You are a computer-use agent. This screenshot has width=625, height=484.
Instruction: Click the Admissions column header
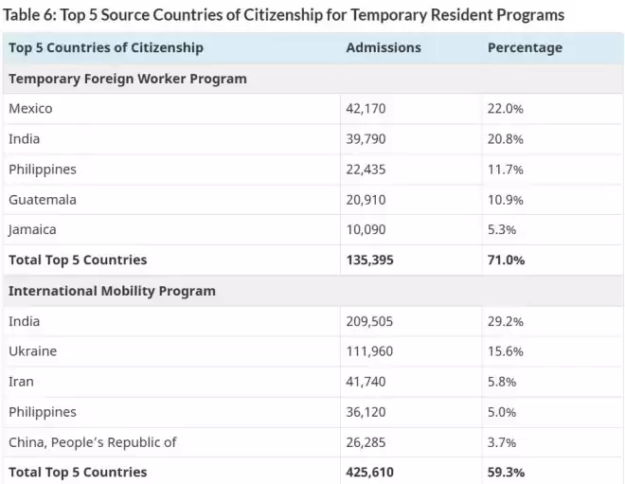click(384, 48)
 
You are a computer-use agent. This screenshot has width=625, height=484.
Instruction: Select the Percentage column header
click(525, 48)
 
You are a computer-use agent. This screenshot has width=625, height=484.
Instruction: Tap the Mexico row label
click(30, 108)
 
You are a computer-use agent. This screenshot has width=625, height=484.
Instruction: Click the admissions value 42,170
click(366, 108)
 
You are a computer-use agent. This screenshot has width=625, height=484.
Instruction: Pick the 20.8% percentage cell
click(506, 139)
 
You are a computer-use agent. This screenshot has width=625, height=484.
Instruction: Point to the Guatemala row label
click(43, 199)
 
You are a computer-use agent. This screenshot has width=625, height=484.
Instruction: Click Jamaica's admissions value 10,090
click(366, 229)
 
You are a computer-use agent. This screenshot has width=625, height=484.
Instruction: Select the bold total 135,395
click(370, 260)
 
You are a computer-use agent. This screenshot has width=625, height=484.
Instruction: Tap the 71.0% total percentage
click(507, 260)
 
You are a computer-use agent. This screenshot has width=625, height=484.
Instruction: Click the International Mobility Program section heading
click(112, 291)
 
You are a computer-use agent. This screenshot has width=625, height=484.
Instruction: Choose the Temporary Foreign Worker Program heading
click(128, 79)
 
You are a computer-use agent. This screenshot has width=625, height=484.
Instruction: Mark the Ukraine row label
click(33, 351)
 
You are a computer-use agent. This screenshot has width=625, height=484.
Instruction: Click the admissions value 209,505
click(369, 321)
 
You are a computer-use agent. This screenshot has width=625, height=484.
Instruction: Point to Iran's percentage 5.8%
click(502, 382)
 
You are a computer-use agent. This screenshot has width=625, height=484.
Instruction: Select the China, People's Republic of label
click(93, 442)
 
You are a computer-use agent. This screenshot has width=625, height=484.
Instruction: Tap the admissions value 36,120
click(366, 412)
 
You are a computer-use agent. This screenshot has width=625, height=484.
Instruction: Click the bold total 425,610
click(370, 473)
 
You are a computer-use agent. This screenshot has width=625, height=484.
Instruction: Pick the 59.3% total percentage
click(507, 473)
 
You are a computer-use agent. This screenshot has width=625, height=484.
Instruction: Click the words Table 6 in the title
click(29, 15)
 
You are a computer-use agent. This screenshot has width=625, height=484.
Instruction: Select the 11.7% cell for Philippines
click(506, 170)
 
